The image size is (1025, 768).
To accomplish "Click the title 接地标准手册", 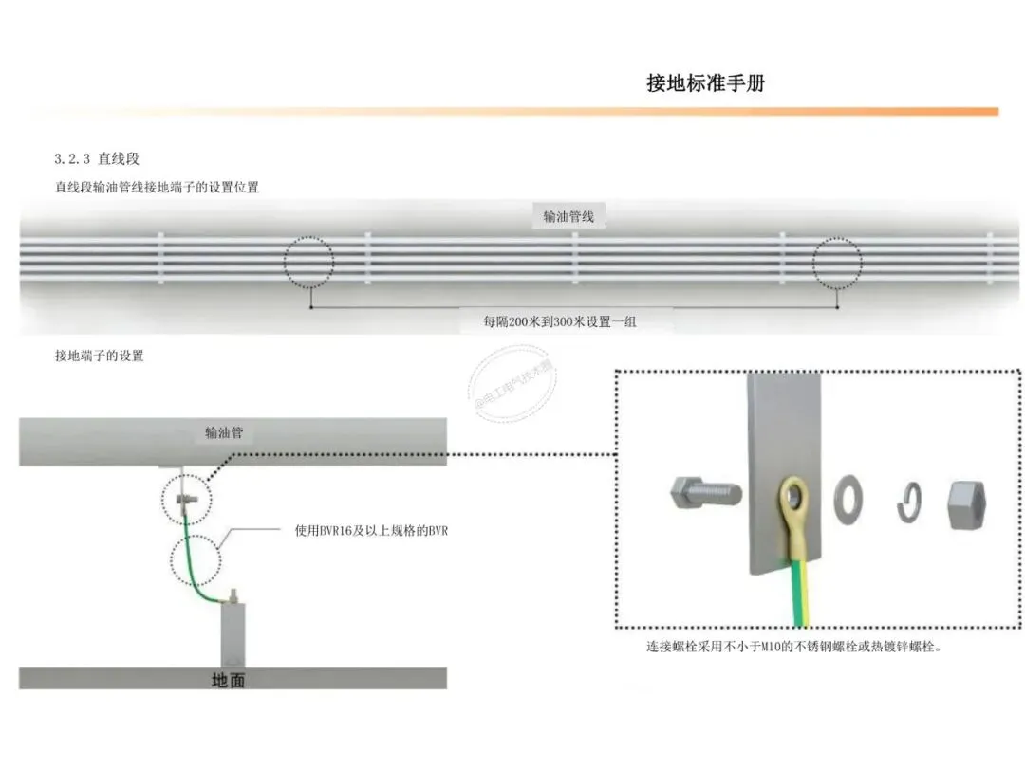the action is (x=705, y=83).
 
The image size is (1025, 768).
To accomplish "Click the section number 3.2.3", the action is (x=72, y=158).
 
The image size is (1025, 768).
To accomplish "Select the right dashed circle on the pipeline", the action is (x=837, y=263).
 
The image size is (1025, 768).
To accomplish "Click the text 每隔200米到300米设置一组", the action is (x=560, y=321).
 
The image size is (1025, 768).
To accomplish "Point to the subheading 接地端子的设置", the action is (x=100, y=356).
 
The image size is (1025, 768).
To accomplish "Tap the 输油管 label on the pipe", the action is (x=224, y=433).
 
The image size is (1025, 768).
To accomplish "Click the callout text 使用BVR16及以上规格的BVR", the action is (x=371, y=530).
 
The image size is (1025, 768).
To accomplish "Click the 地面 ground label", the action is (x=230, y=680).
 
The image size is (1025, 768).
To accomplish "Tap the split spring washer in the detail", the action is (x=909, y=503).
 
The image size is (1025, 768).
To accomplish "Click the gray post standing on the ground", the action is (x=233, y=635).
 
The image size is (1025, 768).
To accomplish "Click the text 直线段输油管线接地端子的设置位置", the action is (x=158, y=188).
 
